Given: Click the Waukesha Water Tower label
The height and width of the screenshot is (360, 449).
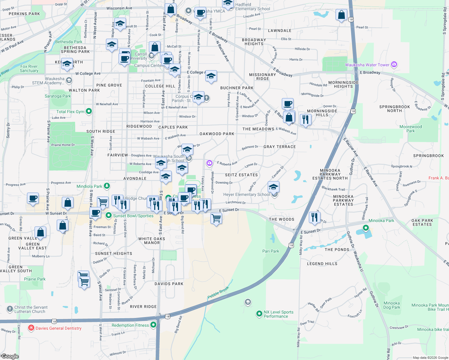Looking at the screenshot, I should coord(367,65).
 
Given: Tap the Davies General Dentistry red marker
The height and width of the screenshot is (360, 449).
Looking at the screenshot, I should coord(31,328).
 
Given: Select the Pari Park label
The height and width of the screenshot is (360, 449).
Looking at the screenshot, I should coord(271,251).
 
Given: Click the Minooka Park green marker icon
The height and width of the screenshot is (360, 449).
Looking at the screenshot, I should coord(366,228).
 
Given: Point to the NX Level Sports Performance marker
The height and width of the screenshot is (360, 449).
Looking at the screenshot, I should coord(259,314).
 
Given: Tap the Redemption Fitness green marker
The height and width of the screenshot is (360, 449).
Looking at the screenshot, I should coord(153,325).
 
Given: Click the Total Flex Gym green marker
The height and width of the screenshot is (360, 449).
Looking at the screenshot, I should coord(89,111).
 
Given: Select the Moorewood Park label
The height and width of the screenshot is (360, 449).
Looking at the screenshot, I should coord(411,129).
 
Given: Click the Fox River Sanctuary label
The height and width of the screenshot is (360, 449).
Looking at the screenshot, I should coord(29,68).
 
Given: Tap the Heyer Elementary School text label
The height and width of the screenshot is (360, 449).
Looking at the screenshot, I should coord(246,194).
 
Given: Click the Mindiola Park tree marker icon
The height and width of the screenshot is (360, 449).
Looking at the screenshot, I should coord(107,186).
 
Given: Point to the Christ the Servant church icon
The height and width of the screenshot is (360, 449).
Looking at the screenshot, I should coord(10,308).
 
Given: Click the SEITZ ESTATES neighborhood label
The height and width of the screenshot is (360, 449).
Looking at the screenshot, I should coord(241,175).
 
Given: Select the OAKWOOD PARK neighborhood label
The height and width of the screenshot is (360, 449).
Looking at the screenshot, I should coord(217,134).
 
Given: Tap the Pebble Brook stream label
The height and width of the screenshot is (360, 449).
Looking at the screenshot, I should coord(218,292).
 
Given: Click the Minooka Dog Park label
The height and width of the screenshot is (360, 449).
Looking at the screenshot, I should coord(392,305).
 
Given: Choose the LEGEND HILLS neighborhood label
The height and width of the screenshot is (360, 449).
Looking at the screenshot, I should coord(322,264).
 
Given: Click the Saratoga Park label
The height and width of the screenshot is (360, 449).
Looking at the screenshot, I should coord(58,96).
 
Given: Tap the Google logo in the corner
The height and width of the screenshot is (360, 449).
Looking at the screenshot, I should coord(10,356).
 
